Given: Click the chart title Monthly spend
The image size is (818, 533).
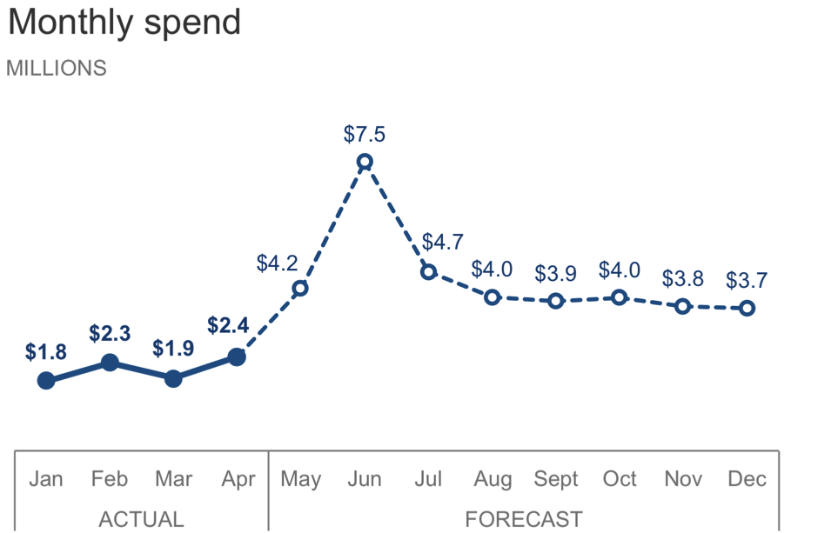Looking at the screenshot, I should click(124, 23).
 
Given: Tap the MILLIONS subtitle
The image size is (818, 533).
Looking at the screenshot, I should click(57, 69).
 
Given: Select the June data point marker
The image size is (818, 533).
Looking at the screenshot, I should click(365, 162).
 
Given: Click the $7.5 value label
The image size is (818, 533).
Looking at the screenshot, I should click(365, 135).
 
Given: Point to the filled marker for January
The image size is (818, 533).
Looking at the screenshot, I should click(46, 380).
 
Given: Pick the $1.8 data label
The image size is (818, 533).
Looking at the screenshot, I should click(45, 353).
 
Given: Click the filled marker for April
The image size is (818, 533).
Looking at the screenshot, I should click(237, 356).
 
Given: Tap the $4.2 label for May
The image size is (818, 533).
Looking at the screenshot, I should click(278, 263).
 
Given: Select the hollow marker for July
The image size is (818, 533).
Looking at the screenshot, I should click(428, 272).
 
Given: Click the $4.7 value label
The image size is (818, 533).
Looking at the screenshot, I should click(442, 243).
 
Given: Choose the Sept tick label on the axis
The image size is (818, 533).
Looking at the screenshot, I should click(556, 479).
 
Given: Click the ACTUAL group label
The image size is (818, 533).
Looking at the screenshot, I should click(141, 519).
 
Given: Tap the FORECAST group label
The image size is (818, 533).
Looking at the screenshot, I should click(523, 519).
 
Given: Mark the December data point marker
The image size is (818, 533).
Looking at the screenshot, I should click(747, 308).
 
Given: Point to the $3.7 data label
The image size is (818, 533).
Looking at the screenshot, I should click(747, 281).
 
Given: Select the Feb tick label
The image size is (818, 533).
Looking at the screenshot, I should click(110, 479).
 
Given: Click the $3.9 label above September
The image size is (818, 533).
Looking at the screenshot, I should click(555, 274).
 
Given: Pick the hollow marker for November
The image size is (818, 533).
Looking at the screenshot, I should click(683, 306).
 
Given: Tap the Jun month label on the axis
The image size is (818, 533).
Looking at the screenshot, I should click(365, 479).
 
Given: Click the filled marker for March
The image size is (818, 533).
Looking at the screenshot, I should click(173, 378).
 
